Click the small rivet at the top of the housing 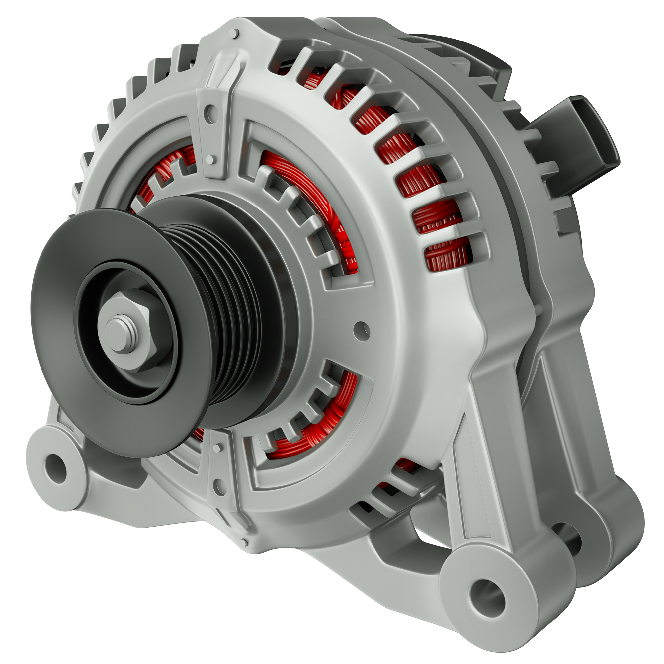[x=235, y=33]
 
